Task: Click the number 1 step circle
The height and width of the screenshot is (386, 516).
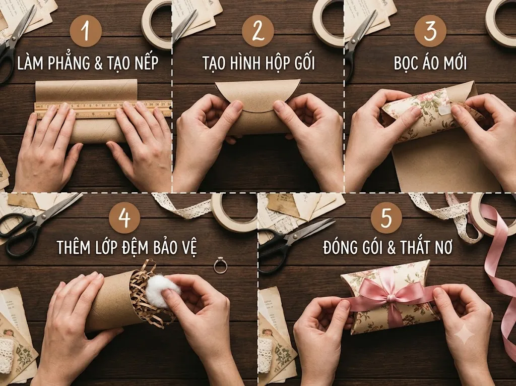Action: [86, 31]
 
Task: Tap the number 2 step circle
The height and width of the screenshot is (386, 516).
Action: [258, 31]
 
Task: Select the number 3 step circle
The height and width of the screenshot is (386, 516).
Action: [430, 31]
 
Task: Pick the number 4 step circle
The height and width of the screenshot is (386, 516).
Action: [124, 218]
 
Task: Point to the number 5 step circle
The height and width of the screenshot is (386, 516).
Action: [386, 218]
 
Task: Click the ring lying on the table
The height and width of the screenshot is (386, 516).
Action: [220, 266]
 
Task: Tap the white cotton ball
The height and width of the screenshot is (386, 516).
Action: [163, 291]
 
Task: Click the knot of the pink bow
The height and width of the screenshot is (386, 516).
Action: [391, 299]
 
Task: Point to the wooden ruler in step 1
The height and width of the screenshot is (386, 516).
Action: [103, 109]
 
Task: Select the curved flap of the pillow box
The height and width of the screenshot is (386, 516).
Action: [257, 95]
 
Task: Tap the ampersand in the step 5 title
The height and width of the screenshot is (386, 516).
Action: [391, 247]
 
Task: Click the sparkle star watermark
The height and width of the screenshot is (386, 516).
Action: [464, 334]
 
